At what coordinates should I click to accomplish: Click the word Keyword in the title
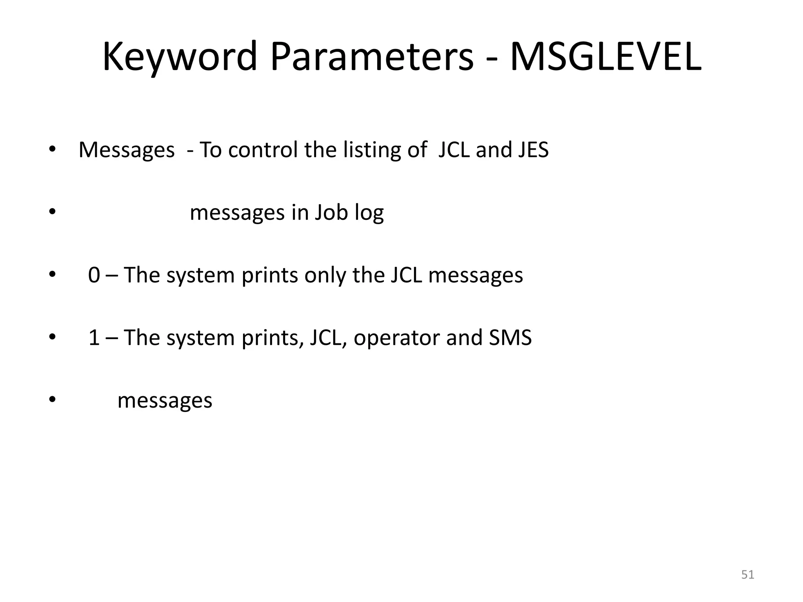click(x=180, y=57)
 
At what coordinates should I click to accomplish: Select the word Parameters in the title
click(x=372, y=57)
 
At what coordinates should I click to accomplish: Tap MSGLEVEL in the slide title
click(x=605, y=57)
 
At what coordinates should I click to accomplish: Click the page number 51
click(x=748, y=575)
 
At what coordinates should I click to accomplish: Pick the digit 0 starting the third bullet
click(x=94, y=275)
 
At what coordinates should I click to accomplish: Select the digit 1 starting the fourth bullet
click(x=94, y=338)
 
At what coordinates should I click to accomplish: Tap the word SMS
click(x=510, y=338)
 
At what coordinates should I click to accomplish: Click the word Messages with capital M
click(x=126, y=150)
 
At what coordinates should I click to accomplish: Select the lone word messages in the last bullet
click(x=165, y=401)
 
